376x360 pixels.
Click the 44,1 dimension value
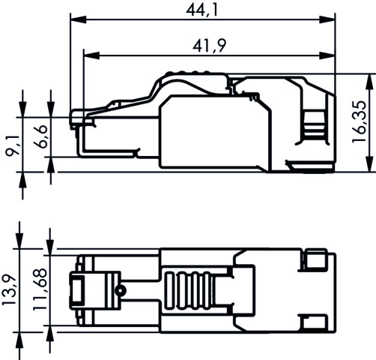(x=201, y=10)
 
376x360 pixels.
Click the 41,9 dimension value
(x=209, y=46)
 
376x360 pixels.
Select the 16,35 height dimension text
(x=359, y=121)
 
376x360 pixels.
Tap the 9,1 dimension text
(x=13, y=145)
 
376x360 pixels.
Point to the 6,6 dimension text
(x=40, y=136)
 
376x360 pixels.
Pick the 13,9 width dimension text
(x=10, y=290)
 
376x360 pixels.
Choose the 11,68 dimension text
(x=40, y=289)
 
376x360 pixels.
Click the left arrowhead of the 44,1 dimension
(x=79, y=19)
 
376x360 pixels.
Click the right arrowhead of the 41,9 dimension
(x=327, y=55)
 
